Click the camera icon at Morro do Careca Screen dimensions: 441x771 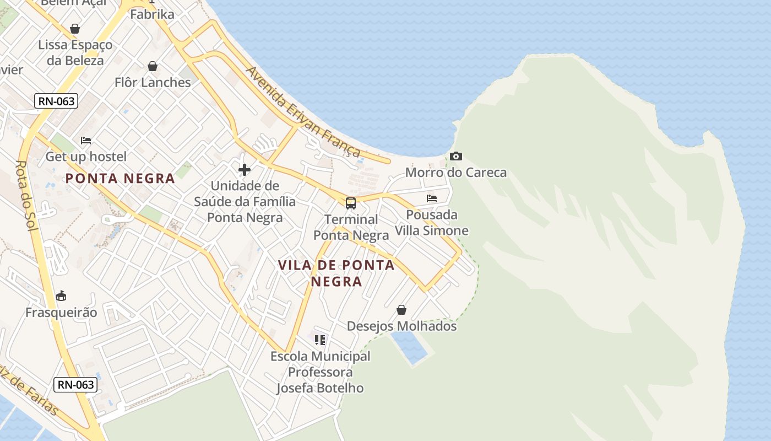pyautogui.click(x=456, y=157)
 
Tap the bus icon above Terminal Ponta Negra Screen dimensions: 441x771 pyautogui.click(x=351, y=203)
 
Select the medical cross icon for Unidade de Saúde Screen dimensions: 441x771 pyautogui.click(x=245, y=170)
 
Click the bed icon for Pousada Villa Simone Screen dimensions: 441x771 pyautogui.click(x=432, y=198)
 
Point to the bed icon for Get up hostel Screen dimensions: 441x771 pyautogui.click(x=86, y=141)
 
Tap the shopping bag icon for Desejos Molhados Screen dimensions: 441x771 pyautogui.click(x=401, y=310)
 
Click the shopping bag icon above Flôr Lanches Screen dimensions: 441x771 pyautogui.click(x=153, y=67)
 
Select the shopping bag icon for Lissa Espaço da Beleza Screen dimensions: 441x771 pyautogui.click(x=75, y=29)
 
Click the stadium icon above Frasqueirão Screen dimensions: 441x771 pyautogui.click(x=61, y=296)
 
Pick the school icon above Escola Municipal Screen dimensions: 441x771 pyautogui.click(x=320, y=340)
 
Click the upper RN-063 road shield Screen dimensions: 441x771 pyautogui.click(x=56, y=101)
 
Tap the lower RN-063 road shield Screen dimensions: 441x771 pyautogui.click(x=75, y=384)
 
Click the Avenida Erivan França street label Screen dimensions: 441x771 pyautogui.click(x=303, y=112)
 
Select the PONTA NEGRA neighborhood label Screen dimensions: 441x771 pyautogui.click(x=120, y=178)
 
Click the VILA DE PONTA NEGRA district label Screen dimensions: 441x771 pyautogui.click(x=336, y=273)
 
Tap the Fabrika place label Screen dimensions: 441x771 pyautogui.click(x=152, y=14)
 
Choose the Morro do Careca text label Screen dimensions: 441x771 pyautogui.click(x=456, y=173)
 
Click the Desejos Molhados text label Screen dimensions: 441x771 pyautogui.click(x=401, y=326)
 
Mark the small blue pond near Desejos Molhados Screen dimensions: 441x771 pyautogui.click(x=410, y=347)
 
